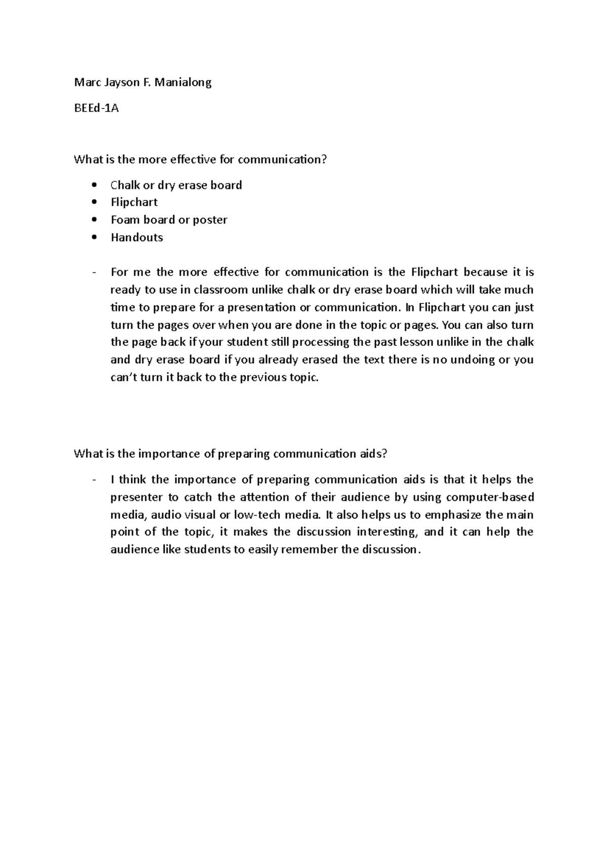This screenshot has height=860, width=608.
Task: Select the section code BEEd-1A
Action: coord(96,108)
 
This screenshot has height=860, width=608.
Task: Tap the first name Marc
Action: coord(85,83)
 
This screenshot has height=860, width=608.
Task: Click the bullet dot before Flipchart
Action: coord(94,203)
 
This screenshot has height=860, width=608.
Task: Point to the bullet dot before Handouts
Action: coord(94,238)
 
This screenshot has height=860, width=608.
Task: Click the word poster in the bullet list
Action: coord(211,220)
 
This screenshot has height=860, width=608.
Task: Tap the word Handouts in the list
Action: coord(137,238)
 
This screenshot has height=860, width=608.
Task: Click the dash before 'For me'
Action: coord(94,272)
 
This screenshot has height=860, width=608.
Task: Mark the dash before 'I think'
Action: coord(94,480)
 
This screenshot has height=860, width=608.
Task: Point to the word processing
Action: coord(318,342)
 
